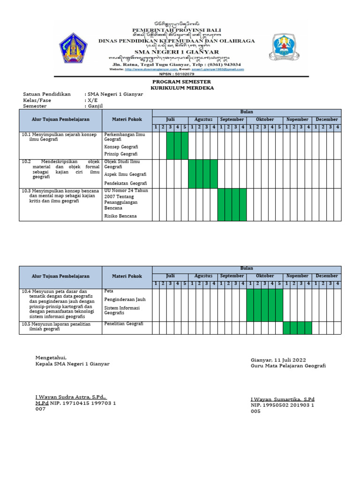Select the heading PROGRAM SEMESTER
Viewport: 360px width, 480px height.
click(182, 82)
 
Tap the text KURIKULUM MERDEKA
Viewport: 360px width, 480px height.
click(182, 88)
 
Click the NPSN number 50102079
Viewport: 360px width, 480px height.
click(187, 74)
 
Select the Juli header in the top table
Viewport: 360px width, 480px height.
click(170, 120)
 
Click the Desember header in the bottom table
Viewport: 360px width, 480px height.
click(327, 276)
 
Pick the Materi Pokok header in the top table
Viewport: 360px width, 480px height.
click(127, 120)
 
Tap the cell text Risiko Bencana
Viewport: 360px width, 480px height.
click(120, 216)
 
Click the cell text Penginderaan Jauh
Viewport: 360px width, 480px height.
click(125, 299)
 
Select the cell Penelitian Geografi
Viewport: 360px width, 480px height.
click(124, 324)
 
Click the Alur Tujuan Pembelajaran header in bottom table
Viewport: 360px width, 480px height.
click(60, 277)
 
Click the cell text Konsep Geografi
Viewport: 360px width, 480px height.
click(120, 147)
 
